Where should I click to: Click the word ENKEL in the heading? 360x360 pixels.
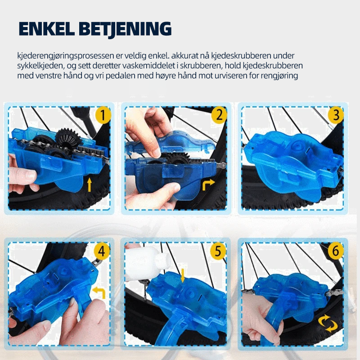(x=47, y=29)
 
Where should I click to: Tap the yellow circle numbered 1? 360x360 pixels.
(x=103, y=116)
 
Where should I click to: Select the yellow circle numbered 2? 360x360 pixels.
(x=219, y=115)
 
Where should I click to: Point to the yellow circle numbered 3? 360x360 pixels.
(x=336, y=115)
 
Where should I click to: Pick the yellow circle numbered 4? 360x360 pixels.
(x=102, y=252)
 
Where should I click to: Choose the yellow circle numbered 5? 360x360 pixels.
(x=218, y=252)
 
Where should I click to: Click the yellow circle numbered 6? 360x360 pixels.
(x=335, y=252)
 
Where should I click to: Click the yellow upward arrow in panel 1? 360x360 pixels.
(x=90, y=185)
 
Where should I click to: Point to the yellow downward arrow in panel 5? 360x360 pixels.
(x=183, y=275)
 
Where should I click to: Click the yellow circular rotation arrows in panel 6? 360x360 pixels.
(x=328, y=324)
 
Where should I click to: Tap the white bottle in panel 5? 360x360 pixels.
(x=147, y=263)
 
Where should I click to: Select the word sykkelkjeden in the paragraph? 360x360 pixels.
(x=40, y=66)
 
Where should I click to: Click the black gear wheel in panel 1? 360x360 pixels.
(x=67, y=139)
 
